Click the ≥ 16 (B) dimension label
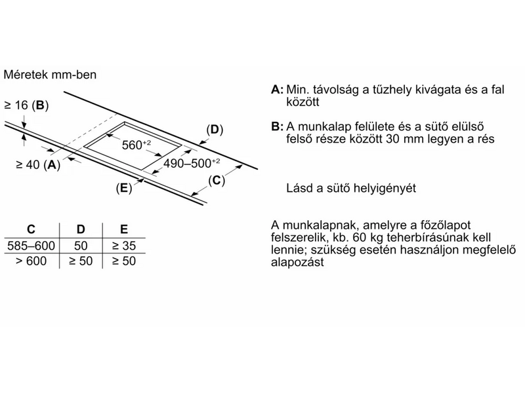pyautogui.click(x=26, y=105)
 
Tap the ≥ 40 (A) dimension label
pyautogui.click(x=31, y=165)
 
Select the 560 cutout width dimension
pyautogui.click(x=136, y=145)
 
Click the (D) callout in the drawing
pyautogui.click(x=215, y=130)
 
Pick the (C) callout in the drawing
pyautogui.click(x=217, y=180)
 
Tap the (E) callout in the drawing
pyautogui.click(x=123, y=189)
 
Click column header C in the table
pyautogui.click(x=31, y=229)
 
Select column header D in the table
pyautogui.click(x=80, y=229)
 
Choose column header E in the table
pyautogui.click(x=123, y=229)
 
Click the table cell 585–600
pyautogui.click(x=31, y=246)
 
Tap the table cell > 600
pyautogui.click(x=31, y=261)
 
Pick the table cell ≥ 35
pyautogui.click(x=123, y=246)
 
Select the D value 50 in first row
pyautogui.click(x=80, y=246)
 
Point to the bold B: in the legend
pyautogui.click(x=276, y=126)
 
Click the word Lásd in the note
pyautogui.click(x=298, y=188)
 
